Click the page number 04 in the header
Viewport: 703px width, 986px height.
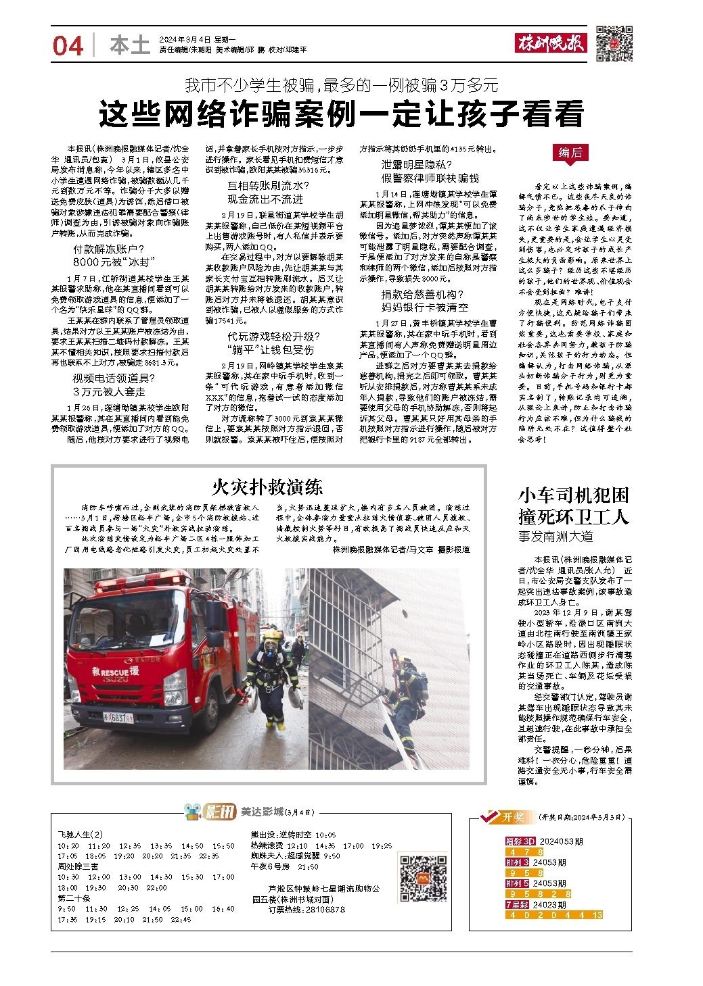(68, 46)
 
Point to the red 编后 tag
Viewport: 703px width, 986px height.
(570, 153)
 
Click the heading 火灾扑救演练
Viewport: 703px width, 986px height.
(267, 487)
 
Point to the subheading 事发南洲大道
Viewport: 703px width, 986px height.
(555, 536)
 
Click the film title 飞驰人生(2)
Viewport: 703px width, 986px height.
(80, 835)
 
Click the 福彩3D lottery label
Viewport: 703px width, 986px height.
(520, 842)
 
